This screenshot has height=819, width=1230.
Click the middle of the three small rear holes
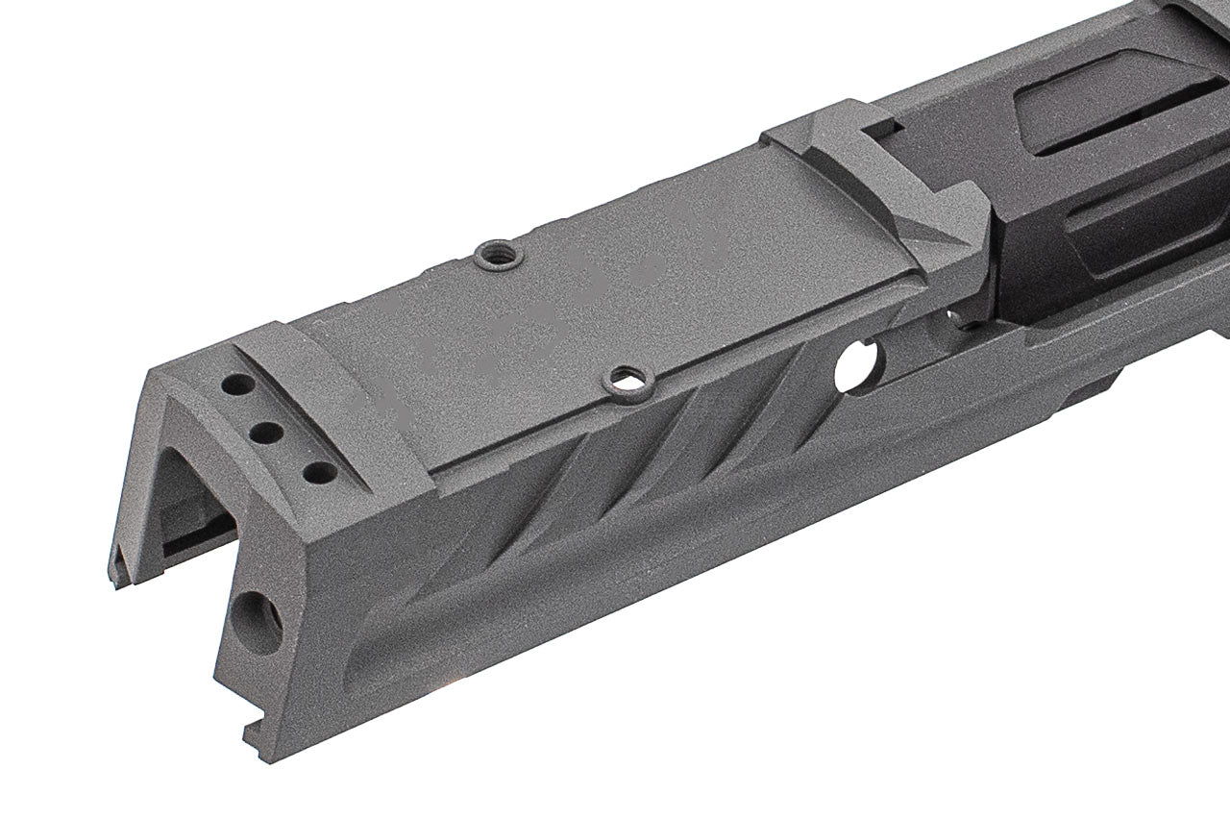(x=270, y=430)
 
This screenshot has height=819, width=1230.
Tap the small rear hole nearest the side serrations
(x=313, y=473)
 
